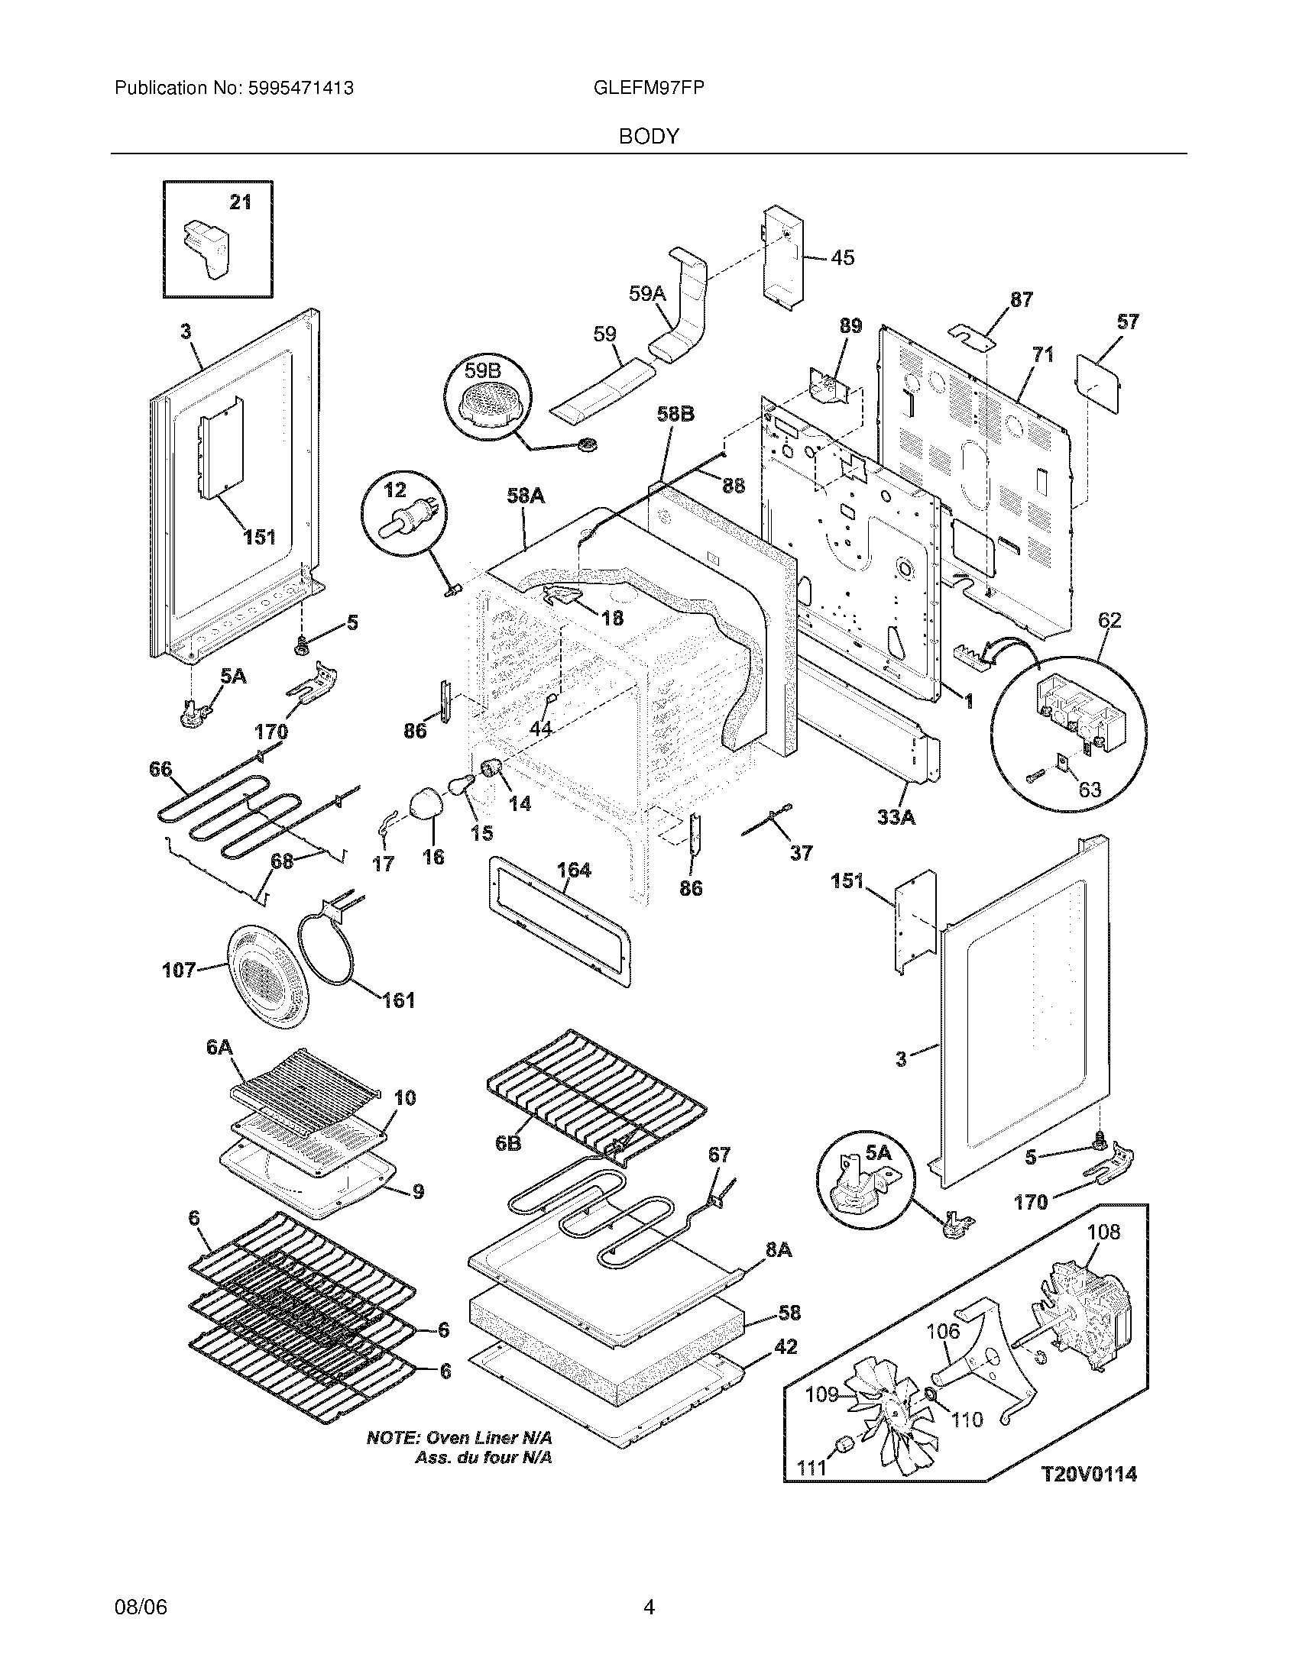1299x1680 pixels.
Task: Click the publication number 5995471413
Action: point(301,88)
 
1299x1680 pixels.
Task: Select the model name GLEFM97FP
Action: point(649,88)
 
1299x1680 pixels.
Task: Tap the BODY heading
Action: point(649,137)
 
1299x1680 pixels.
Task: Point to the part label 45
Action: point(843,257)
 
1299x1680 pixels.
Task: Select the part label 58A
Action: point(526,496)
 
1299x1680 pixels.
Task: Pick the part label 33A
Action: point(896,818)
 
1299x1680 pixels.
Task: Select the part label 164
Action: point(573,869)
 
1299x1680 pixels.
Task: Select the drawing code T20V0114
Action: point(1089,1474)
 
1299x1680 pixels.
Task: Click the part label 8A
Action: point(779,1250)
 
